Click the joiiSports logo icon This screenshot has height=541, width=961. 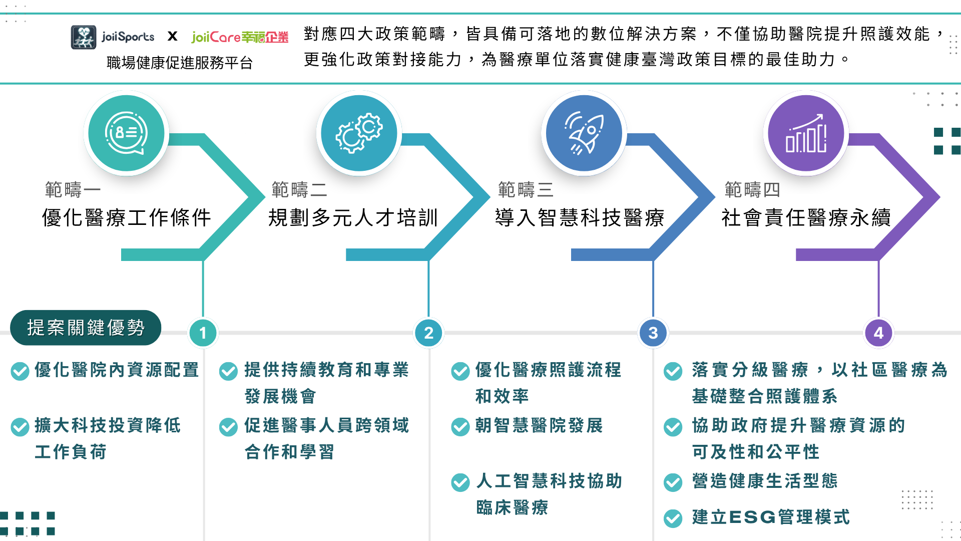click(83, 37)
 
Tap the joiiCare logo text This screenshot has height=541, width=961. click(240, 37)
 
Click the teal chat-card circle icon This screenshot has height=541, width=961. click(126, 133)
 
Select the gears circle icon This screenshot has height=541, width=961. click(359, 133)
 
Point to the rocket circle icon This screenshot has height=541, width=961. click(584, 133)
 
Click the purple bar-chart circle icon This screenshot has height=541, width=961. click(806, 133)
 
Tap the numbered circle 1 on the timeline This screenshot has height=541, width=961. click(203, 333)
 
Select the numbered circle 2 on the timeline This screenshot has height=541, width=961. click(428, 333)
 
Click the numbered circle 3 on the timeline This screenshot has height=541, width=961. click(653, 333)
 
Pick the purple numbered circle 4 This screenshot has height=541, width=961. click(878, 333)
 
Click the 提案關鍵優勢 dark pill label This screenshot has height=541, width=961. click(86, 328)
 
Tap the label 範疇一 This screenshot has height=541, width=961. click(73, 190)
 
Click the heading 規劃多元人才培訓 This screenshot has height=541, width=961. click(353, 218)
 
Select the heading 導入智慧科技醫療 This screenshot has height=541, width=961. click(580, 218)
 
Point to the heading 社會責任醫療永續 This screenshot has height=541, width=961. click(806, 218)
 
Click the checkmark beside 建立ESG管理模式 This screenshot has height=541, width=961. click(673, 518)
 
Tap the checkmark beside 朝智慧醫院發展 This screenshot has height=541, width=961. click(460, 427)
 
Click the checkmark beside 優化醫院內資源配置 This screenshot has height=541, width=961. click(20, 371)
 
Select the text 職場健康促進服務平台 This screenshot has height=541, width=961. click(180, 63)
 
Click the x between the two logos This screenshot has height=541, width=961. click(173, 37)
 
